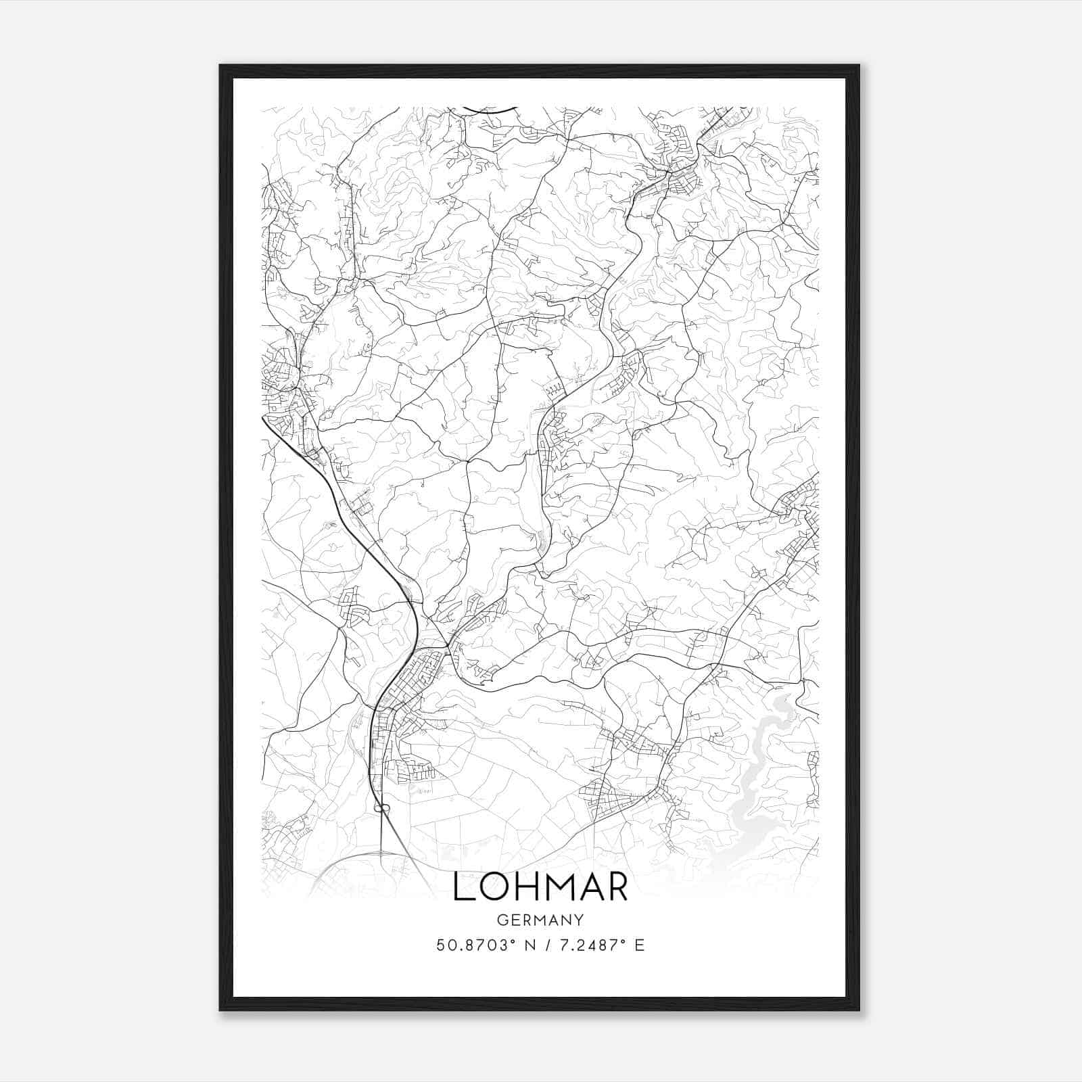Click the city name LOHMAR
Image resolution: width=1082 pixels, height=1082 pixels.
(540, 887)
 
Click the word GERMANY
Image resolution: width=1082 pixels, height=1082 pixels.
(540, 920)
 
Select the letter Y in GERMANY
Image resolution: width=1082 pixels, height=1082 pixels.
(579, 920)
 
